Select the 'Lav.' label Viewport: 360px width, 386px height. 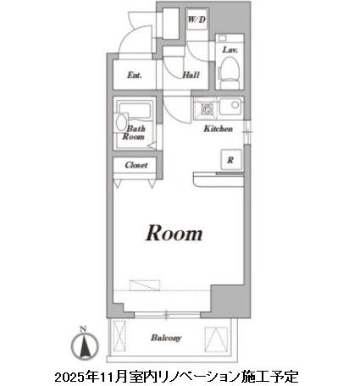[229, 51]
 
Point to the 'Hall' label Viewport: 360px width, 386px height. [191, 74]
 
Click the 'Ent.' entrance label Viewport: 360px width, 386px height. [134, 74]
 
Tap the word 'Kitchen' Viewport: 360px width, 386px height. [218, 130]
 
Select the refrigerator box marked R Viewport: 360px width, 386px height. [229, 158]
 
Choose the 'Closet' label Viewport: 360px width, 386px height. [136, 166]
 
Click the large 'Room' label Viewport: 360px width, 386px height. [175, 233]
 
